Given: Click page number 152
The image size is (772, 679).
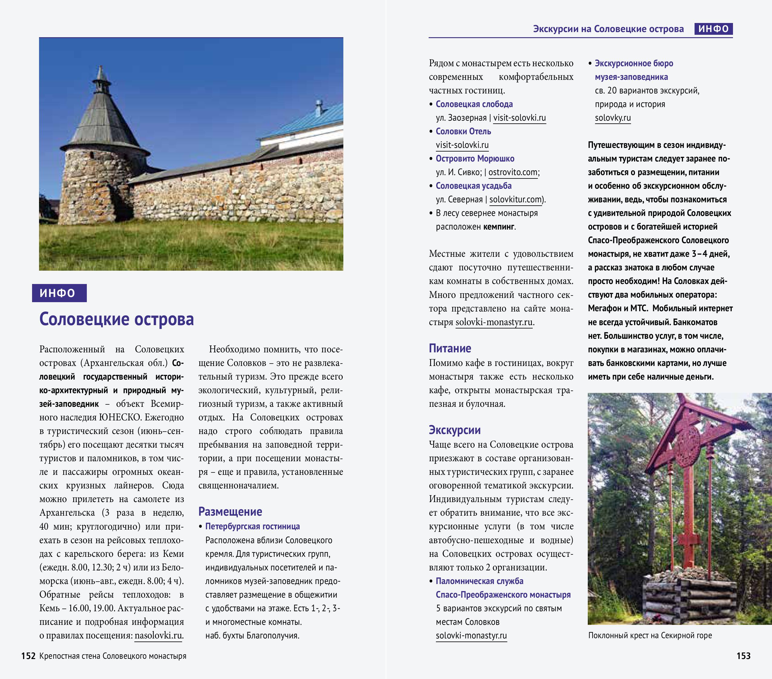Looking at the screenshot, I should coord(28,656).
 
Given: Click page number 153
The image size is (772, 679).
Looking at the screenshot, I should coord(743,656).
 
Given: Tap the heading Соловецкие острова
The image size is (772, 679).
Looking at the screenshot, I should coord(116,319).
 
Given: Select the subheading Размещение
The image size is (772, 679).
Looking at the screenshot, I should coord(230,512).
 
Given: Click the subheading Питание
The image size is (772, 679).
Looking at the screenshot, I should coord(450,348).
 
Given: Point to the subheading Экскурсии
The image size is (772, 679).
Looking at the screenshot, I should coord(454,430).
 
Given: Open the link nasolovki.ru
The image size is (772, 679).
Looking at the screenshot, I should coord(158,635).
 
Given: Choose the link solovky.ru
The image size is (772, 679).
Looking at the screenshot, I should coord(613,118).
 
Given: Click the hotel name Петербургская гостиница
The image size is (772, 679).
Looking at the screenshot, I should coord(252,527).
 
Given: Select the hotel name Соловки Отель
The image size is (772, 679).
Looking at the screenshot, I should coord(463,132).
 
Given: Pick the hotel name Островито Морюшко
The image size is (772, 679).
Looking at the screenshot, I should coord(475,158).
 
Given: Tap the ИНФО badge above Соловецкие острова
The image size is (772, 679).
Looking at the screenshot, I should coord(59,293).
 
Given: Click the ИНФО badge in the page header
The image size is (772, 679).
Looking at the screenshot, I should coord(713,29).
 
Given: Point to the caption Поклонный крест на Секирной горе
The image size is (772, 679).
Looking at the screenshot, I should coord(649,635).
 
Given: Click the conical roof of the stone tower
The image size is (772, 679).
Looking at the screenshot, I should coord(102,121).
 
